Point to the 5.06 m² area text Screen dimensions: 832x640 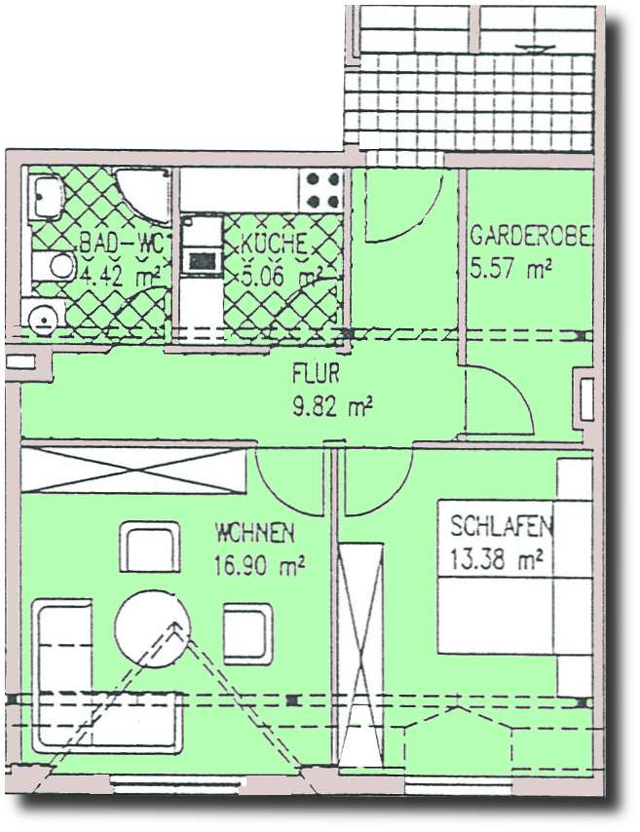[x=280, y=276]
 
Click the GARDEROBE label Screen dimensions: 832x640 [x=531, y=237]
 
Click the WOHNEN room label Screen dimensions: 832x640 [x=255, y=533]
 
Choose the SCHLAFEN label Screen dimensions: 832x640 [x=501, y=527]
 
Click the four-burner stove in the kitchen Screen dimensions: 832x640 [x=323, y=189]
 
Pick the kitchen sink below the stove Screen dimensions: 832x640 [x=202, y=260]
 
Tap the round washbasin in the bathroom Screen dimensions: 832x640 [x=42, y=318]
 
